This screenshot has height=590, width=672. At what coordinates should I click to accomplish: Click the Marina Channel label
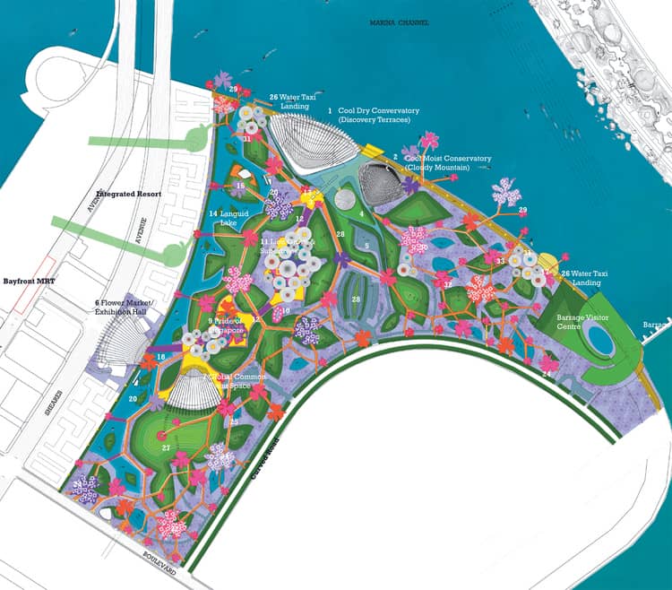398,22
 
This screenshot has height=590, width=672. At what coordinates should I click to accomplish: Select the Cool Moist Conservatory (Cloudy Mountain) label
447,162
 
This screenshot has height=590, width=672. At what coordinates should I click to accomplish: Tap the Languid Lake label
223,218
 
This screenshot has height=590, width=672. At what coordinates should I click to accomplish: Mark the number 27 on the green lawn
166,446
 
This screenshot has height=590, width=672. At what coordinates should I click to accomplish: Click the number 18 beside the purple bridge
161,358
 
